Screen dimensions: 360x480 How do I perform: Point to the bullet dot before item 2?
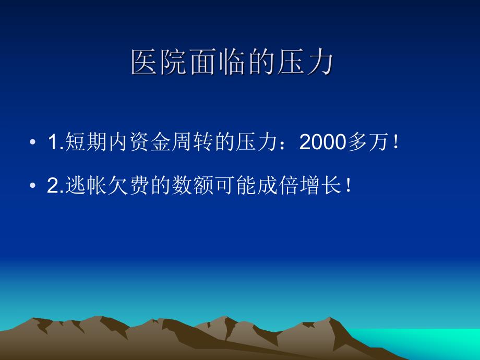(33, 187)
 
